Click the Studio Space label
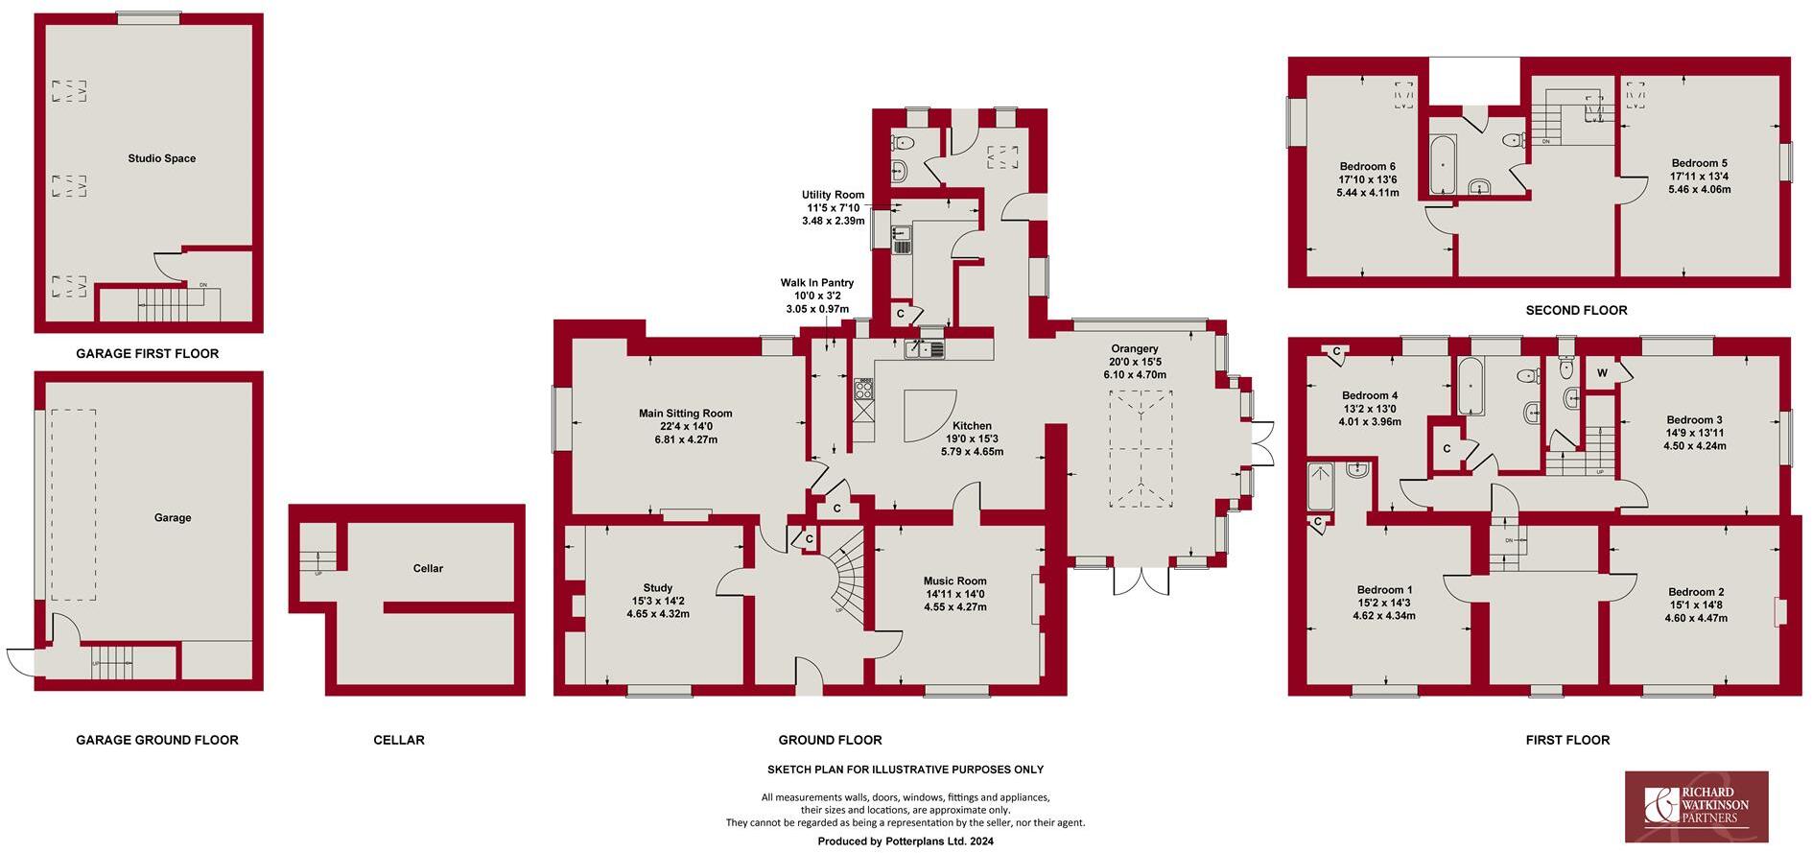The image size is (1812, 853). [x=161, y=158]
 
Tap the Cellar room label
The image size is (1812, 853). [x=428, y=568]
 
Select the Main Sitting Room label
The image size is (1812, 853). [x=685, y=414]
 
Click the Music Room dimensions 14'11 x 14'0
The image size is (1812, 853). [x=954, y=594]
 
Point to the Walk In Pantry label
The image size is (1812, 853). [x=816, y=283]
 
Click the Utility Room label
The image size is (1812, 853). [x=834, y=195]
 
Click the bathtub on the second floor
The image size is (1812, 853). [x=1442, y=164]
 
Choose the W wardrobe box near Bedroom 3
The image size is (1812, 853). [x=1602, y=373]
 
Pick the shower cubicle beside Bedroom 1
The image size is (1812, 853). [x=1320, y=486]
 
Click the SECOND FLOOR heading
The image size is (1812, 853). [x=1576, y=310]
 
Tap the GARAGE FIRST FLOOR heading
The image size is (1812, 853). [x=147, y=353]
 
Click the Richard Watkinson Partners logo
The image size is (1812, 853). [x=1696, y=806]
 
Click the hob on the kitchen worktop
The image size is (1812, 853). [x=863, y=389]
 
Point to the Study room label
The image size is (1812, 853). [x=657, y=587]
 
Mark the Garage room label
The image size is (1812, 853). [x=173, y=517]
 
